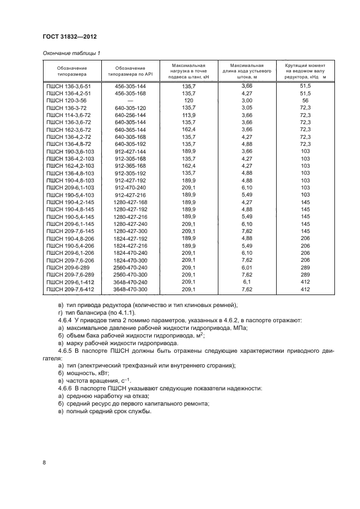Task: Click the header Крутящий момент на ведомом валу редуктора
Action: [x=305, y=71]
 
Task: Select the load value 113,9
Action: [x=189, y=116]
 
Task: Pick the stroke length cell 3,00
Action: [x=247, y=101]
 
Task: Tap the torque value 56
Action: [x=305, y=101]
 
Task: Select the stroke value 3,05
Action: [x=247, y=108]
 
